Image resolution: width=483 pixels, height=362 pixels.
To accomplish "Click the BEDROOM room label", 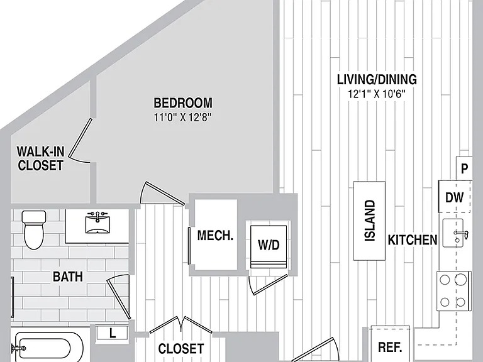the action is (x=183, y=103).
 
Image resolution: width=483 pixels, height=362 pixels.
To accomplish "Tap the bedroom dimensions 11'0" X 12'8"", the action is (x=183, y=118).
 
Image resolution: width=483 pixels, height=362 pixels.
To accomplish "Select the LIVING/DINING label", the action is (x=377, y=79).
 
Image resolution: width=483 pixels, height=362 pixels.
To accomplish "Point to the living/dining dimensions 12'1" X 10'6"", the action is (x=377, y=94).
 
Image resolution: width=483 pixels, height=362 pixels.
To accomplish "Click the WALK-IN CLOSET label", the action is (x=41, y=158).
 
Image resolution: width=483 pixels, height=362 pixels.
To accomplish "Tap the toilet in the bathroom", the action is (x=34, y=229).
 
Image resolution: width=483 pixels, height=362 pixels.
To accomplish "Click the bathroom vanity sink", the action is (x=97, y=222).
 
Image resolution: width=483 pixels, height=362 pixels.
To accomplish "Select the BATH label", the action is (x=68, y=277).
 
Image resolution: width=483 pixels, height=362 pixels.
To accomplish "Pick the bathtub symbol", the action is (x=46, y=348).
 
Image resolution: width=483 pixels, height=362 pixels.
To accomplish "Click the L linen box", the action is (x=112, y=333).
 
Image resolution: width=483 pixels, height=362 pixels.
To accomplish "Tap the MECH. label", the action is (x=215, y=236).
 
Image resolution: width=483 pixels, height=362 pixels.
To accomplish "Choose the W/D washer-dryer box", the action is (x=269, y=244).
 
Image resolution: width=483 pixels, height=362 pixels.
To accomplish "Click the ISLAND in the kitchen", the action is (x=369, y=221).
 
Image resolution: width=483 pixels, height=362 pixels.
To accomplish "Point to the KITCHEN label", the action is (x=413, y=240).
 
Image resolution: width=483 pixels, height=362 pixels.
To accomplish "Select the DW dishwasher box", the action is (x=455, y=197).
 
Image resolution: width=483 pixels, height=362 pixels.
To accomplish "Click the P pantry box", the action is (x=464, y=168).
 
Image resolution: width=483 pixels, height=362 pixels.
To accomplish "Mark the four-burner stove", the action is (x=453, y=291).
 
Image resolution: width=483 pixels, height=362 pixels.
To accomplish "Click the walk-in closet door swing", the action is (x=79, y=141).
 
